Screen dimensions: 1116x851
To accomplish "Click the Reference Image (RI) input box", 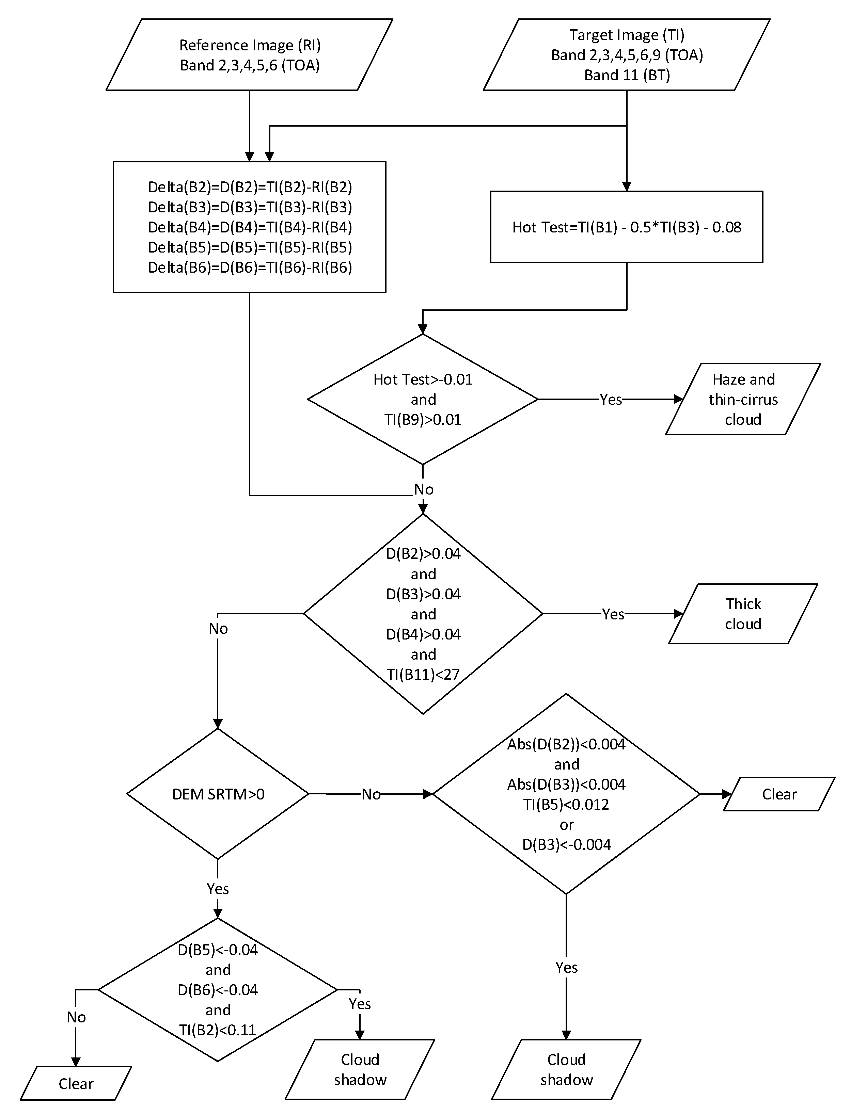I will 249,55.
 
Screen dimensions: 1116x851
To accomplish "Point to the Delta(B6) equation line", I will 250,267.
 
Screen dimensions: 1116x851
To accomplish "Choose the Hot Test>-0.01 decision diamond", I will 423,399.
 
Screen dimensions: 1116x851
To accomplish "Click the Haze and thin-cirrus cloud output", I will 743,399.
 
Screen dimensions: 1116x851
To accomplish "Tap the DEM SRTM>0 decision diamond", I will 218,794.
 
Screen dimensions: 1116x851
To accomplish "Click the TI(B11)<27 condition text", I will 423,674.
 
